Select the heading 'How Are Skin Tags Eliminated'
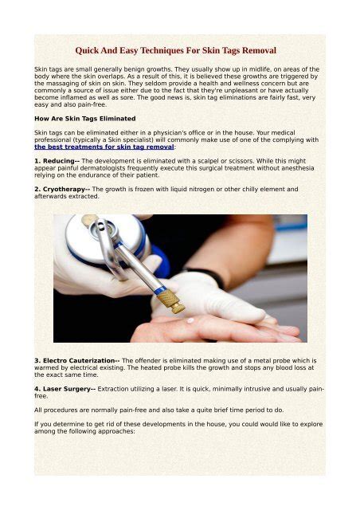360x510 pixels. (84, 117)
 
